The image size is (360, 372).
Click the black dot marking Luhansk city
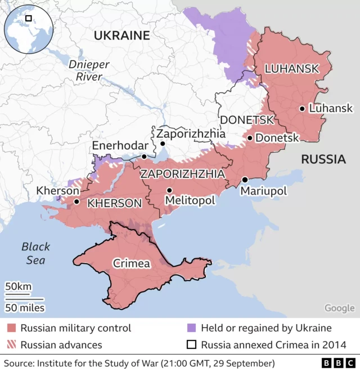(302, 109)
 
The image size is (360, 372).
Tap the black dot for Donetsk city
(250, 137)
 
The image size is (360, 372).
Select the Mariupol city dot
(245, 180)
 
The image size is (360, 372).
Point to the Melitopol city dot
(169, 190)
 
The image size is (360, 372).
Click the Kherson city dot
(76, 201)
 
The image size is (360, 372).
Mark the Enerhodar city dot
(144, 156)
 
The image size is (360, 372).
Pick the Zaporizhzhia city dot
(163, 144)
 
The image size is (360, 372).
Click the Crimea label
(132, 263)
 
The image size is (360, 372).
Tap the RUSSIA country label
(323, 159)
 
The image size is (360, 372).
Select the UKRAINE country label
(121, 35)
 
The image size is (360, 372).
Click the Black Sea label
(36, 253)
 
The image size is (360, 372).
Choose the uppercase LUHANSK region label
(291, 69)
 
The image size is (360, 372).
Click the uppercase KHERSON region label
(114, 203)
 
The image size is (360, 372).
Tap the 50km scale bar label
(19, 286)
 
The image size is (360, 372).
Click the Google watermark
(339, 308)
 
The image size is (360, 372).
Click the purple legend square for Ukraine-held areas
(191, 328)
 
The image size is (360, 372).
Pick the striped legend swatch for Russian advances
(11, 345)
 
